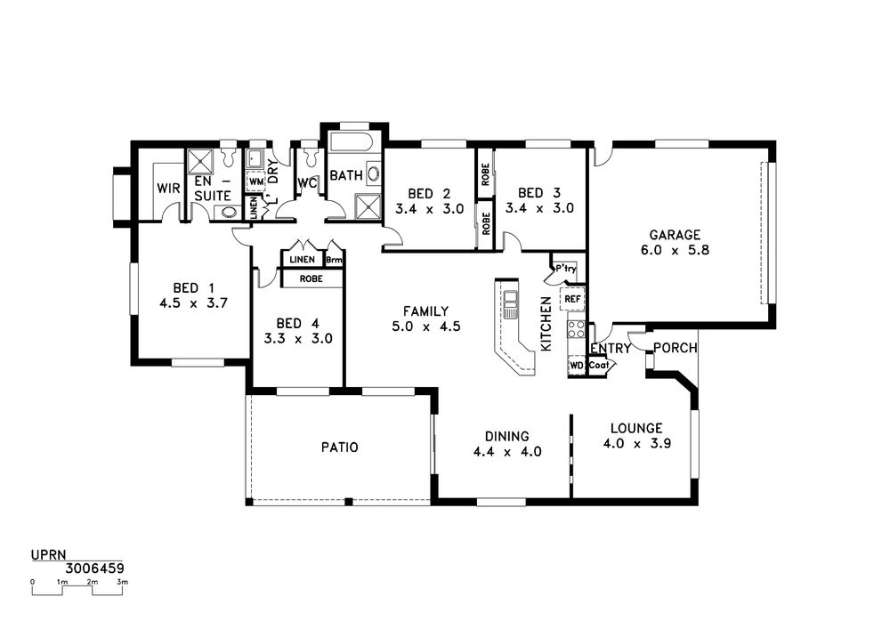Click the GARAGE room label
click(675, 234)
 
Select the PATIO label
click(339, 448)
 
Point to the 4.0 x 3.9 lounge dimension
click(637, 444)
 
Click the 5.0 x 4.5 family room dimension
click(425, 327)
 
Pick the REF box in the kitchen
click(572, 298)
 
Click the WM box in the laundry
click(256, 181)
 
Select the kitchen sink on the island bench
click(511, 303)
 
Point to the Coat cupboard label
click(599, 366)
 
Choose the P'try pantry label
click(565, 269)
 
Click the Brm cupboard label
click(335, 261)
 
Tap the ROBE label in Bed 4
click(311, 279)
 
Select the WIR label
click(168, 189)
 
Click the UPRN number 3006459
click(95, 569)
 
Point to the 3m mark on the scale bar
click(122, 582)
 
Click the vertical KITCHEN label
click(546, 324)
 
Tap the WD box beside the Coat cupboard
click(577, 366)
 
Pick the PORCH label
click(676, 348)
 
